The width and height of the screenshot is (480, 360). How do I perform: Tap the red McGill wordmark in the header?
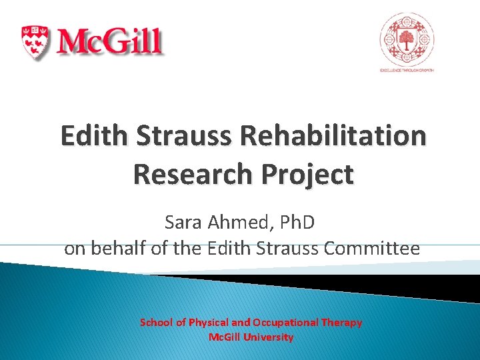click(x=109, y=41)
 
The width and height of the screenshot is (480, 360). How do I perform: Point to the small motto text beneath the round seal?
click(x=407, y=69)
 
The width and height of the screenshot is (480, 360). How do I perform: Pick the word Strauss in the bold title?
click(x=185, y=135)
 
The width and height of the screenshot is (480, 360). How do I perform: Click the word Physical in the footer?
click(x=213, y=323)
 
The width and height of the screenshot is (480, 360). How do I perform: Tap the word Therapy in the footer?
click(x=342, y=323)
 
